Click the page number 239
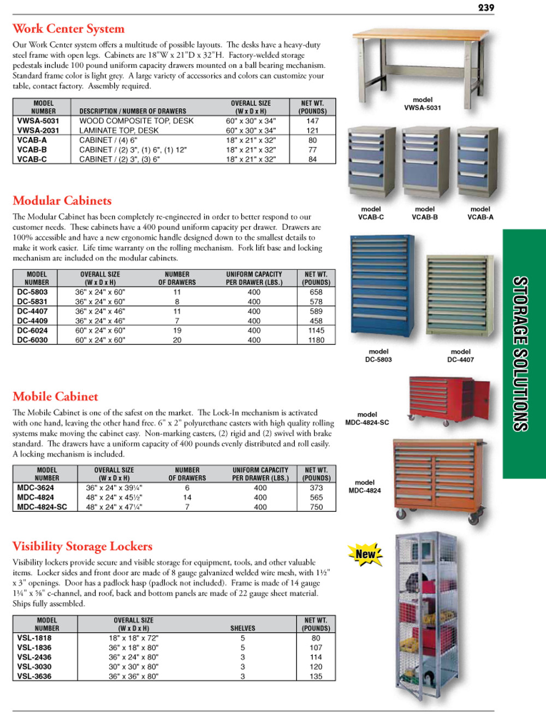(485, 8)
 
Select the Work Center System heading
(68, 28)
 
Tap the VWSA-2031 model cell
(38, 131)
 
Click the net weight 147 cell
(312, 121)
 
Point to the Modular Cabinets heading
(62, 200)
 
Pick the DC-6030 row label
(32, 340)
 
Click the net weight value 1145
(316, 330)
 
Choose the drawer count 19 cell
(177, 330)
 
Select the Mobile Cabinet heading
(55, 396)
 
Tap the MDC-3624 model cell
(35, 488)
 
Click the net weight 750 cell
(316, 507)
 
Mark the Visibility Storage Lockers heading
(82, 546)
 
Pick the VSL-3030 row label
(34, 667)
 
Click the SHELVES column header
(242, 628)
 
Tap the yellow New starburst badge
(365, 554)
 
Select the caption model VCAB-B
(425, 213)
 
